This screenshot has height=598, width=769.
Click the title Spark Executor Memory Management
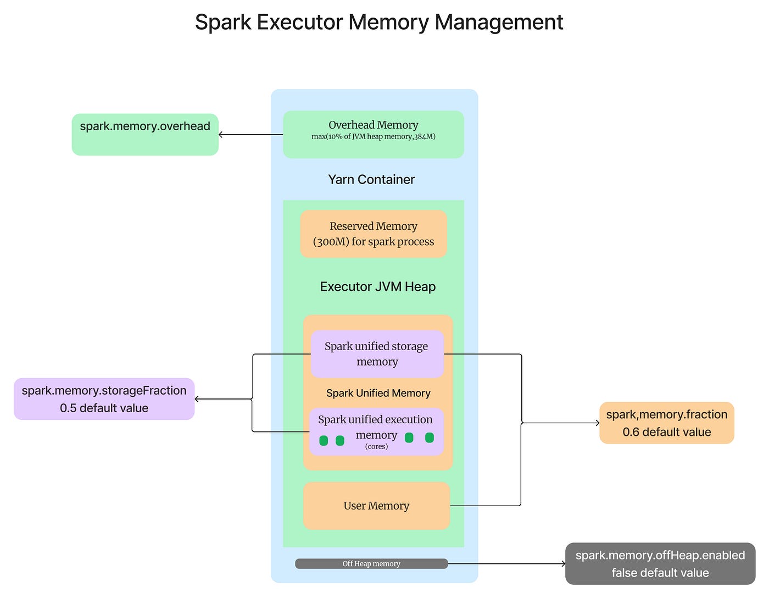379,23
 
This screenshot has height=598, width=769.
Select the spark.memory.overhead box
145,135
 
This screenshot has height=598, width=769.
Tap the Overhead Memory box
374,135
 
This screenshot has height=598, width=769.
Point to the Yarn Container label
371,180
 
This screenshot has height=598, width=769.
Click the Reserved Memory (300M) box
374,234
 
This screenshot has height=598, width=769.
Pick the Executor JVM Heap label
377,286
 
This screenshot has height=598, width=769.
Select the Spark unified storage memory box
377,354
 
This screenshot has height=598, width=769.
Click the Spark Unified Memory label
378,393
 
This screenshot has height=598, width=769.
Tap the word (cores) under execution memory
376,446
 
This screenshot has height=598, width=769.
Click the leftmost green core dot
324,440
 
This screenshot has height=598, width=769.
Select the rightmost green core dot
430,438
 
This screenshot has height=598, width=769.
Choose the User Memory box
377,506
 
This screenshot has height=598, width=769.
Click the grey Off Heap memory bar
371,564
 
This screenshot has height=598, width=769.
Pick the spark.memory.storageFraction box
104,399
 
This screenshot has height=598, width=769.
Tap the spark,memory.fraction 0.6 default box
667,423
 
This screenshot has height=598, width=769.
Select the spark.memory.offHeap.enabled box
660,564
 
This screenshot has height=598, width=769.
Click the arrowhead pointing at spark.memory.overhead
220,135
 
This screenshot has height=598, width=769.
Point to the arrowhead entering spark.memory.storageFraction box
197,399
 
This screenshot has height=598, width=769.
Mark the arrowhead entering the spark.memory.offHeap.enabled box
564,564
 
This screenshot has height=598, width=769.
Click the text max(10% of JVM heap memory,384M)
374,137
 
